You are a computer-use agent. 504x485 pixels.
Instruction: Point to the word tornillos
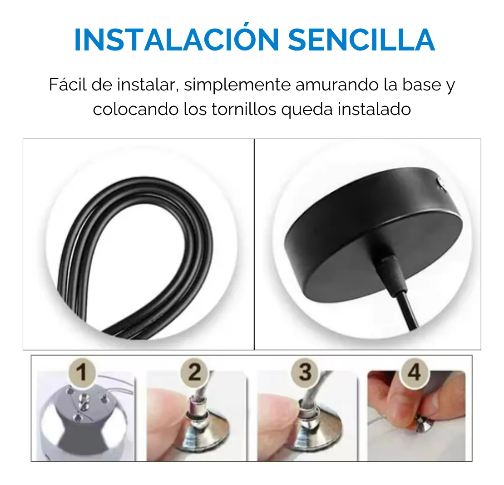[x=244, y=110]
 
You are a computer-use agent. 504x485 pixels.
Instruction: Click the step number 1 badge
[x=82, y=372]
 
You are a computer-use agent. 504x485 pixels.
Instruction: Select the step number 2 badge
[x=194, y=372]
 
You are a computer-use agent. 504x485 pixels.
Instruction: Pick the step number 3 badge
[x=305, y=372]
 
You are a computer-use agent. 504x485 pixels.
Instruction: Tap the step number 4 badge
[x=414, y=372]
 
